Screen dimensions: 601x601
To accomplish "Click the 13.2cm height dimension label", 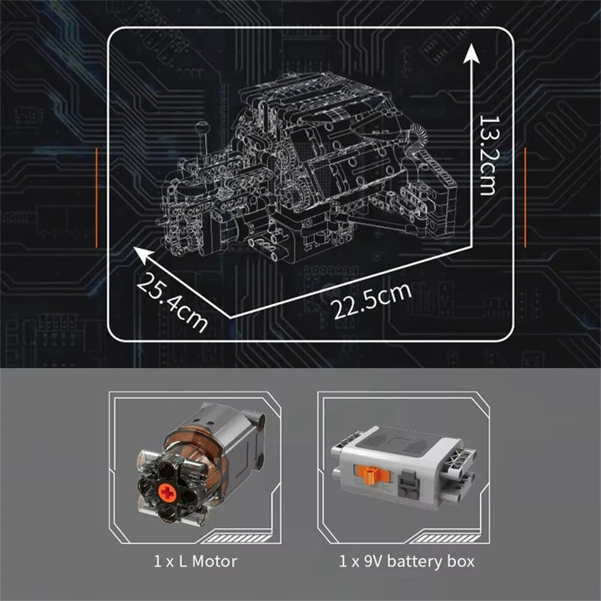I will tap(487, 156).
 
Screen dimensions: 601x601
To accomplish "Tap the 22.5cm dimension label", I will tap(370, 297).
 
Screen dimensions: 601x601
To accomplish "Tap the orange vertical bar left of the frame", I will tap(97, 197).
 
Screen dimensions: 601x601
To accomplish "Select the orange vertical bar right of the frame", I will tap(524, 197).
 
